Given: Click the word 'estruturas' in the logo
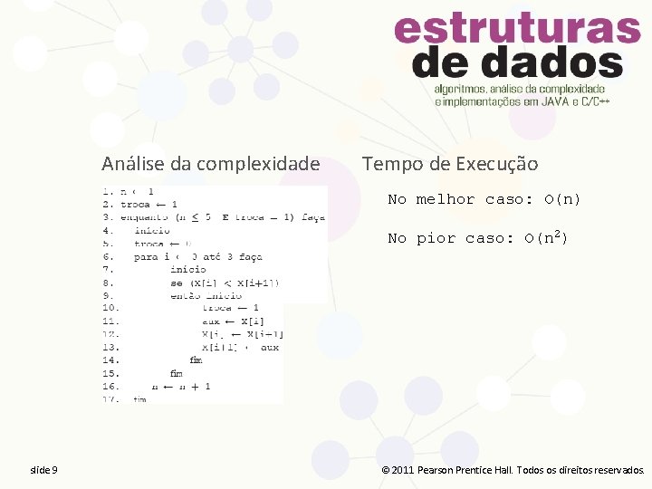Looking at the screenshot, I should [x=517, y=29].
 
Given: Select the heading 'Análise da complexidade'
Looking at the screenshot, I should [x=210, y=164].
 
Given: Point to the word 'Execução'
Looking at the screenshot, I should [x=497, y=164].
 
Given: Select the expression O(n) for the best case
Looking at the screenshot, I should [x=562, y=199].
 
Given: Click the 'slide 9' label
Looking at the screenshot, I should [x=43, y=470].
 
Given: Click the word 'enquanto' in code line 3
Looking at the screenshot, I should [x=145, y=217].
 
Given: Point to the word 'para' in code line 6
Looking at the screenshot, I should [x=145, y=256].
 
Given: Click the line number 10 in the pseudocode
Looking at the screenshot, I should [x=109, y=308].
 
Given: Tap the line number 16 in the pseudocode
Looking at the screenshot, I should [x=109, y=386].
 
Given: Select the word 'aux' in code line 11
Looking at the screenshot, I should [x=212, y=321].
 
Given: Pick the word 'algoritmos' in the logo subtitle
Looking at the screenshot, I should [x=458, y=90].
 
